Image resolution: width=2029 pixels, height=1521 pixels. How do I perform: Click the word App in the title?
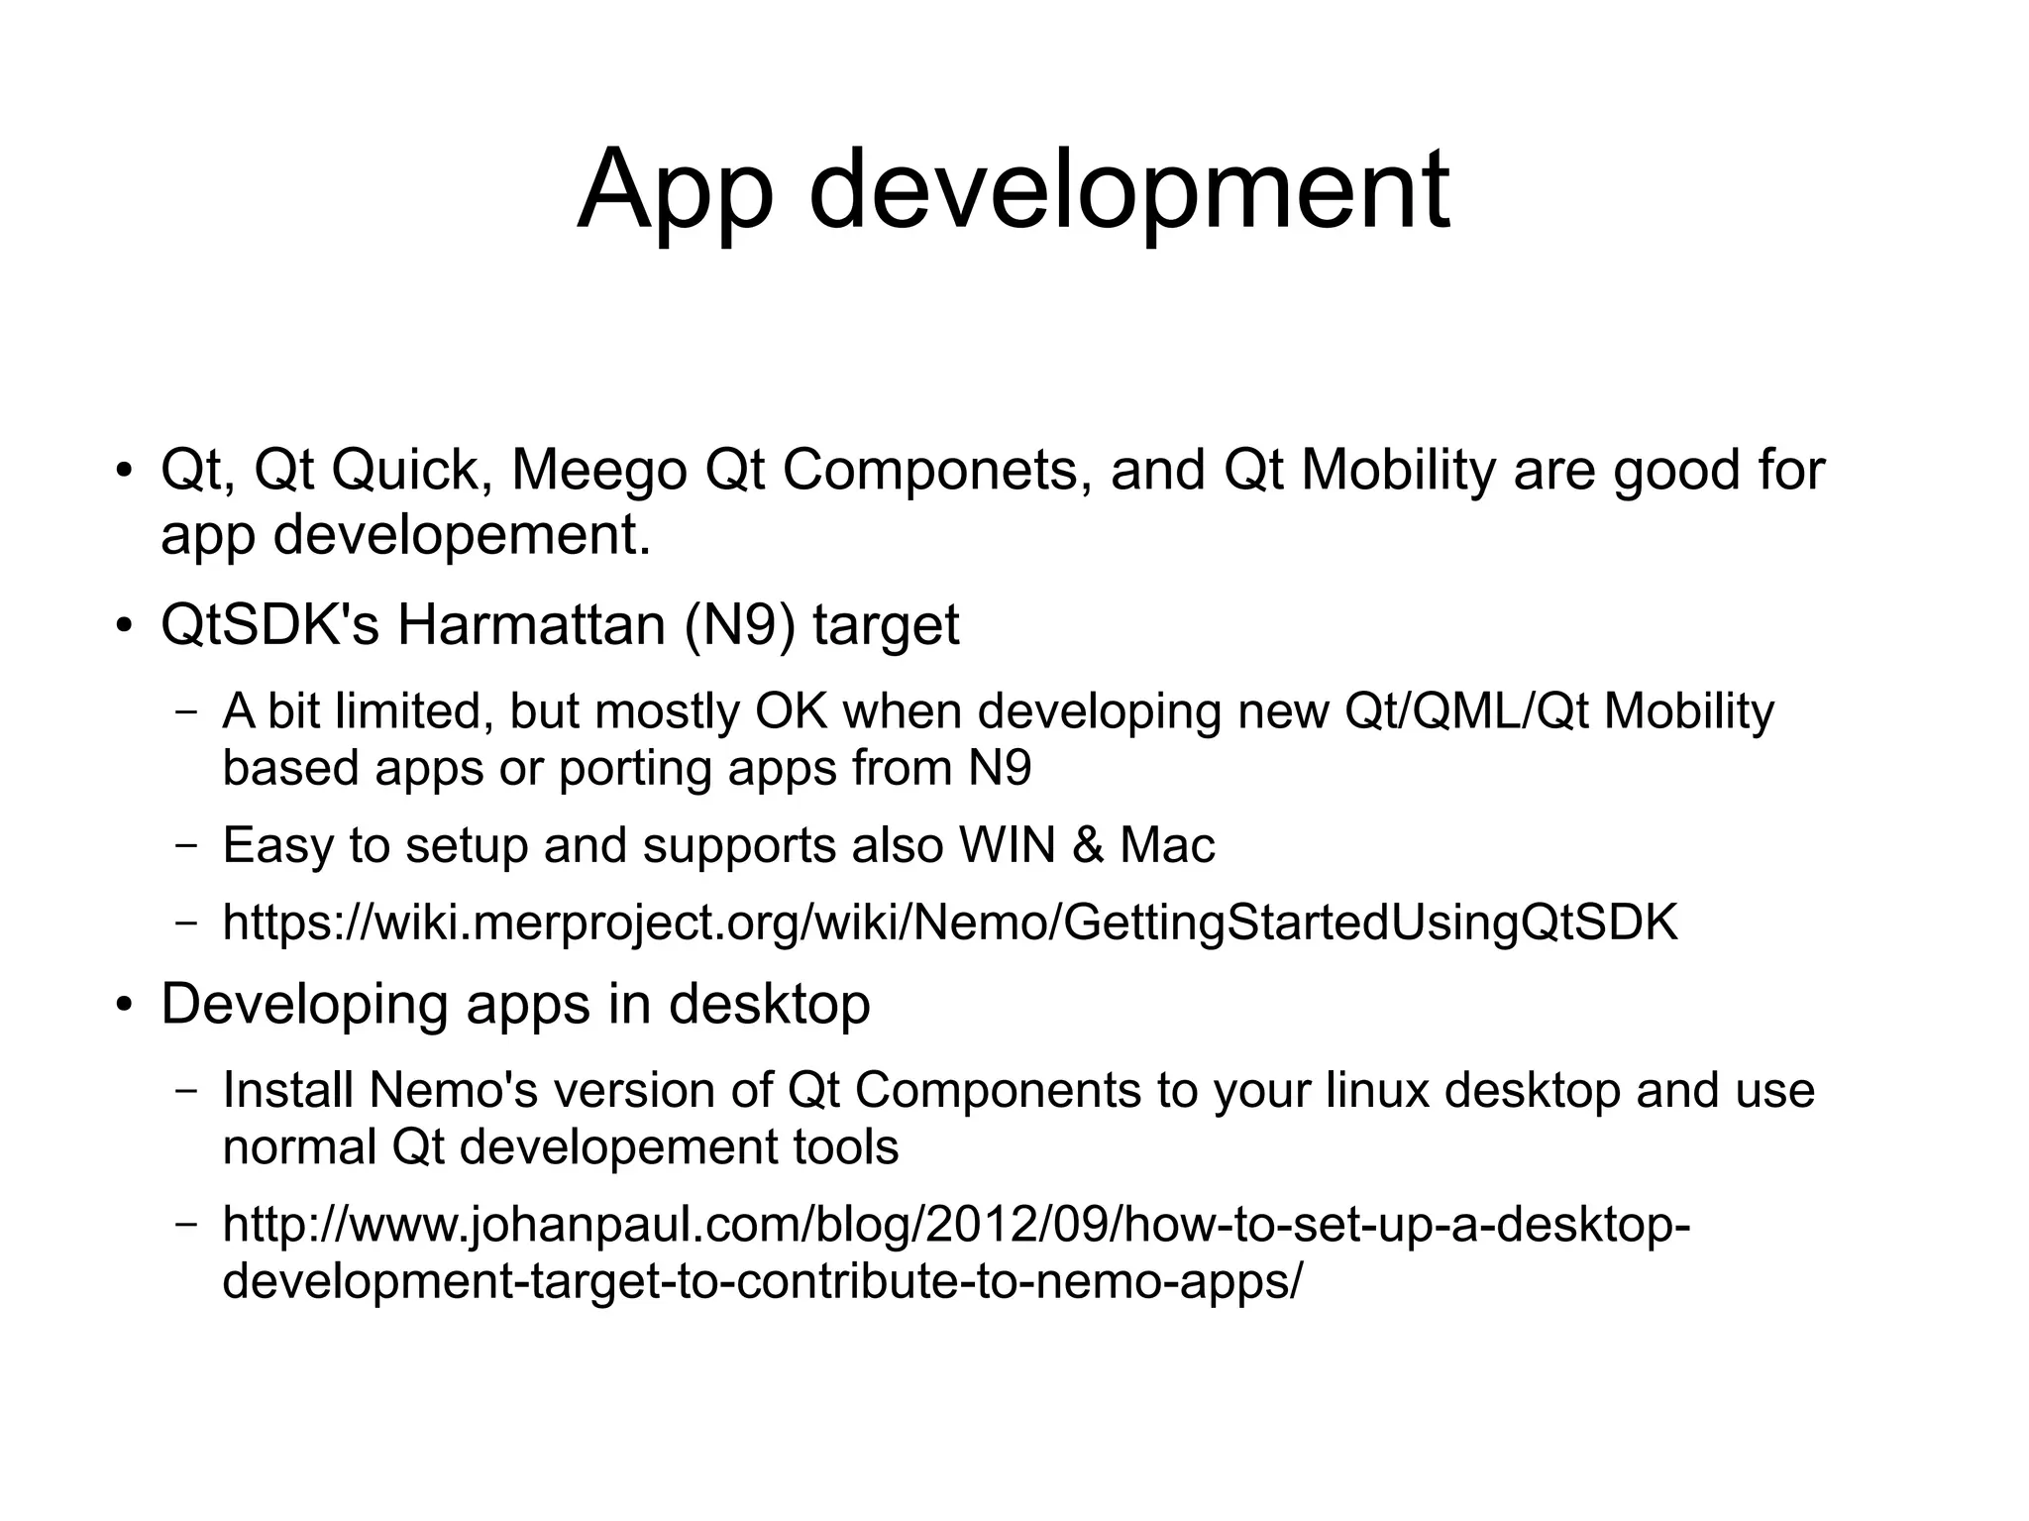675,190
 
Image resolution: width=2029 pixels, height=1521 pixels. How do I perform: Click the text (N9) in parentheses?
739,625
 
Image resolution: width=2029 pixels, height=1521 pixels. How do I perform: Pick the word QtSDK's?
269,625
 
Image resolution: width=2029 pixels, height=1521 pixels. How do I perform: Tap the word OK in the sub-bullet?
792,711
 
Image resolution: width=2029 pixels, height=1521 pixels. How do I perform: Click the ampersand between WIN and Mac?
1088,845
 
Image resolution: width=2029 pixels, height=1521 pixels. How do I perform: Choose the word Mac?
1167,845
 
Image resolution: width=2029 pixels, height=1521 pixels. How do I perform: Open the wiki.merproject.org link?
950,923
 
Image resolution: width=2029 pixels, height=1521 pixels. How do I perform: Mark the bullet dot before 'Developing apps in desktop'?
123,1006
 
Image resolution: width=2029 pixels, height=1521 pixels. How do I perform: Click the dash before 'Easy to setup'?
185,846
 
